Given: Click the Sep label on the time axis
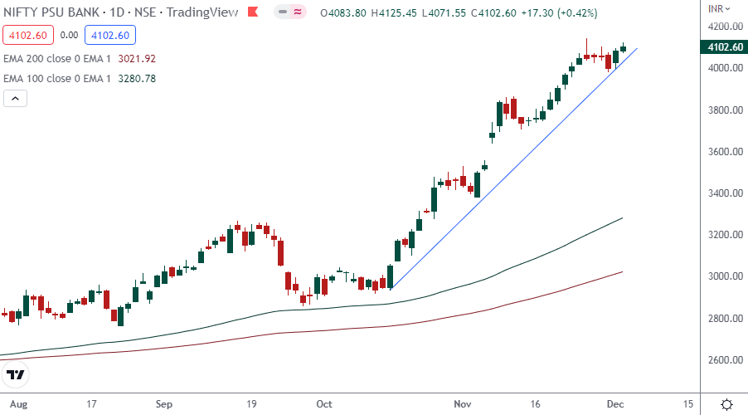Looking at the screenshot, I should coord(164,404).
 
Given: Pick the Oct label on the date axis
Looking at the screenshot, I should coord(324,404).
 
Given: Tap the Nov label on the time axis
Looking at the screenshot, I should coord(463,404).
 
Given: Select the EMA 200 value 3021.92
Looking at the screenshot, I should coord(138,59).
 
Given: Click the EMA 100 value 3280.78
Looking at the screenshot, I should coord(138,79).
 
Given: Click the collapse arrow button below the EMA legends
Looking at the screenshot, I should coord(16,99).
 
